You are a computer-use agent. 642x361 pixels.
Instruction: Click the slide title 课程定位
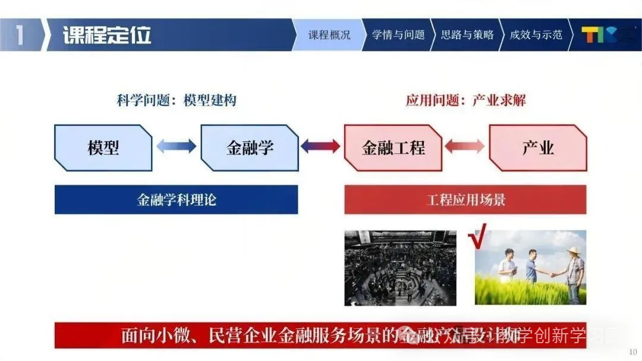point(107,35)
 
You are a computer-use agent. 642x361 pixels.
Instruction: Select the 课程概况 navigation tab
point(329,35)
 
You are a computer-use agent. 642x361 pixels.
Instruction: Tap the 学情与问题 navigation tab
point(398,35)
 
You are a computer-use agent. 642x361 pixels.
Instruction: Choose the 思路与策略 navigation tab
point(467,35)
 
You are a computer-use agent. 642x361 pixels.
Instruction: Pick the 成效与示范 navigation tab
point(536,35)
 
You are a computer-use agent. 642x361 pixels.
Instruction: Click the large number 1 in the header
point(20,35)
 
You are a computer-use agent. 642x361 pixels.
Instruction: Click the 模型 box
point(103,148)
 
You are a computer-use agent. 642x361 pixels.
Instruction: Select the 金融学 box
point(250,148)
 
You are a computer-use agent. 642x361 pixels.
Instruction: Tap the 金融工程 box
point(393,148)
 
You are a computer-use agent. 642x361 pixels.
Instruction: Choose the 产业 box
point(537,148)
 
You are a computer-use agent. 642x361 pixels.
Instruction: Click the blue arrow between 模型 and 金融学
point(176,146)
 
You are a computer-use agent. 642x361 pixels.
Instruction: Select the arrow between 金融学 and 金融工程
point(320,146)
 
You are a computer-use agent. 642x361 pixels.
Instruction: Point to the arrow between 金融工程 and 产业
point(464,146)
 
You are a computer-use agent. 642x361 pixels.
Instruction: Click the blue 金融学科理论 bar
point(176,199)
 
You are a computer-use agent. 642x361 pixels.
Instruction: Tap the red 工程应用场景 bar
point(465,199)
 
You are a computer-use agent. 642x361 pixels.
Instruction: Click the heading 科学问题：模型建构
point(177,100)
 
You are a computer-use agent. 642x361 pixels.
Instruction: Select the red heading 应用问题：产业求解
point(465,100)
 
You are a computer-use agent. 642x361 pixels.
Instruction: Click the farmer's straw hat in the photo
point(574,251)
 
